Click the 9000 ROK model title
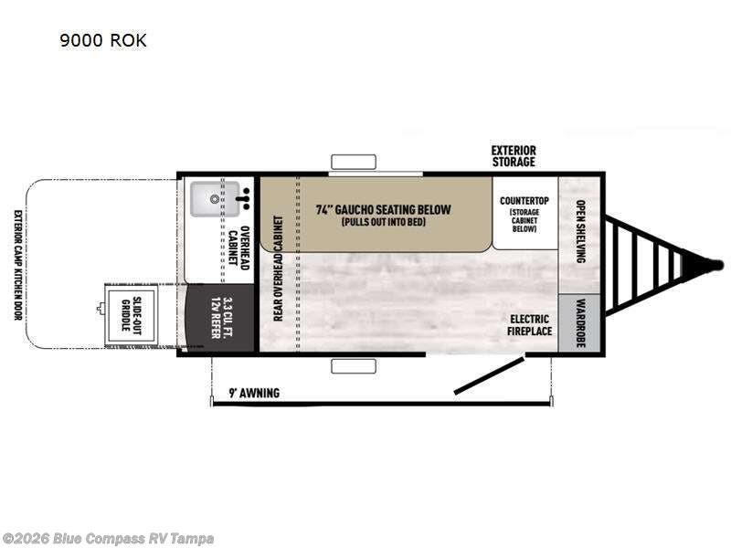point(103,40)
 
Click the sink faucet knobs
point(245,198)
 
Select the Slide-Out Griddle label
point(131,314)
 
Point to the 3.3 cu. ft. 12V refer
point(220,318)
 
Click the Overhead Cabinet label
point(238,248)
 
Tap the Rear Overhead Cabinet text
point(278,268)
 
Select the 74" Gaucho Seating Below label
point(383,210)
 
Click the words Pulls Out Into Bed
point(383,222)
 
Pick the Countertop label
point(524,201)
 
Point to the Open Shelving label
point(581,232)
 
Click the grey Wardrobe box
point(579,322)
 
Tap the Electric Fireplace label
point(530,325)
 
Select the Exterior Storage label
point(514,156)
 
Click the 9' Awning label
point(254,393)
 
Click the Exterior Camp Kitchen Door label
point(17,265)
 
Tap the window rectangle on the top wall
point(354,162)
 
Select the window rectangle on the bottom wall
point(354,366)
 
